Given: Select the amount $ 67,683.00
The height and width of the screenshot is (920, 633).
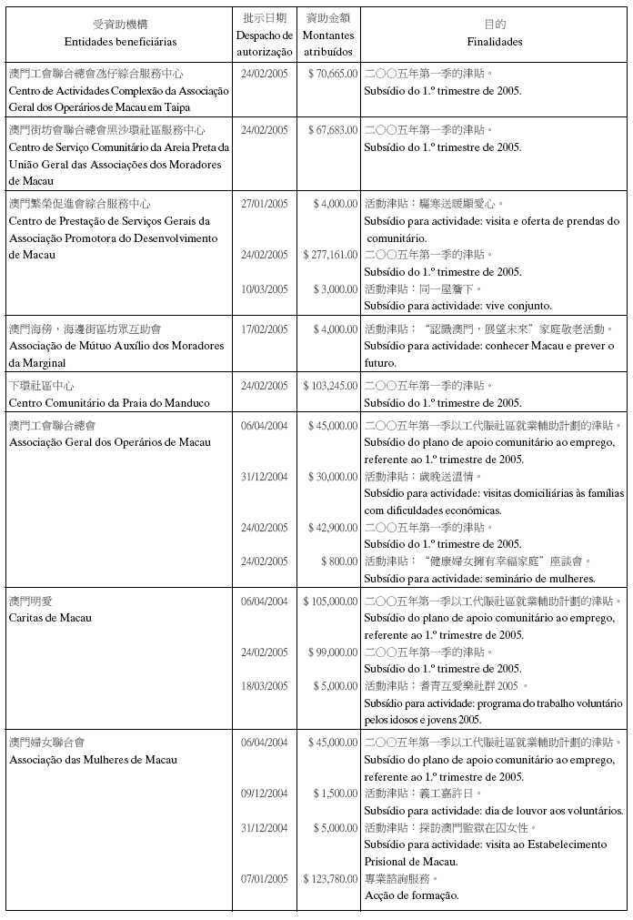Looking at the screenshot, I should (x=333, y=129).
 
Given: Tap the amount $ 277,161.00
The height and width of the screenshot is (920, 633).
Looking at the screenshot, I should (x=330, y=255).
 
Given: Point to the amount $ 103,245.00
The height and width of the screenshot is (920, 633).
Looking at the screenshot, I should (x=330, y=386).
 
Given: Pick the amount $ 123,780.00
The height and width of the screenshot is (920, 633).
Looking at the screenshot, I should (x=330, y=878).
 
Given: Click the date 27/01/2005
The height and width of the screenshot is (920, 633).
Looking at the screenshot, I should (x=265, y=204).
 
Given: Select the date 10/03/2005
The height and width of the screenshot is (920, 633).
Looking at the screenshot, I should (x=265, y=288).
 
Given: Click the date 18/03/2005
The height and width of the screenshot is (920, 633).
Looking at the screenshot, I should (x=265, y=685).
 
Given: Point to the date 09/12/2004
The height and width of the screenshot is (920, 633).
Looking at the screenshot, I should (x=265, y=794).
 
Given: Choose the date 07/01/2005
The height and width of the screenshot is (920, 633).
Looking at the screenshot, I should (x=265, y=878).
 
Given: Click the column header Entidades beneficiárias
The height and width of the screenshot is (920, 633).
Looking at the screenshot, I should (x=121, y=42).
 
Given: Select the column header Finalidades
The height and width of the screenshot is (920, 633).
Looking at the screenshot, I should (x=495, y=42).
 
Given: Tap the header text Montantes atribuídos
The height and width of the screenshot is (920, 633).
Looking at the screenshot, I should (x=328, y=43).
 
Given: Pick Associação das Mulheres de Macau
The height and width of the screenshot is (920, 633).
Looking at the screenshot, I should (x=93, y=760).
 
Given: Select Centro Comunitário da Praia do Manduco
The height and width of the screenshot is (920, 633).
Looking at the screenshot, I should (x=109, y=402).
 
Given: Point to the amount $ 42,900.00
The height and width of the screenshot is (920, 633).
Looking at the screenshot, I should (x=333, y=528).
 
